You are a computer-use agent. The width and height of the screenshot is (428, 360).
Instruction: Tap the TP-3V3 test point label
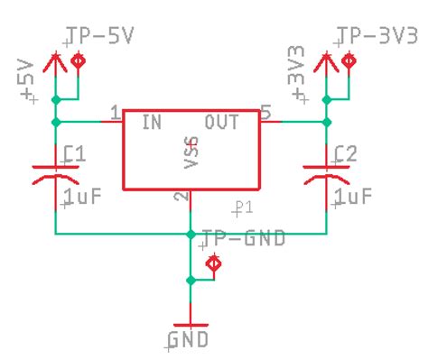[377, 37]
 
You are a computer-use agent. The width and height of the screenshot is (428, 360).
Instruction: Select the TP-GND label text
[244, 238]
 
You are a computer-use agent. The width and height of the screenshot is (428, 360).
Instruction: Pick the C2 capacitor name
[345, 154]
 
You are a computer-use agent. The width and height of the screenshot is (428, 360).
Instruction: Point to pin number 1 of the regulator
[115, 113]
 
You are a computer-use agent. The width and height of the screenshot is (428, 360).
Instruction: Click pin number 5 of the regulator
[265, 112]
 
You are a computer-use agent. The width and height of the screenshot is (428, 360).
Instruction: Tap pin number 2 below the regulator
[181, 197]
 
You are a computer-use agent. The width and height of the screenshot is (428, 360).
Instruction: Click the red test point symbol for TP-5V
[79, 61]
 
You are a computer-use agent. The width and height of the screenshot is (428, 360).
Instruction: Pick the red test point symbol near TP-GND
[214, 264]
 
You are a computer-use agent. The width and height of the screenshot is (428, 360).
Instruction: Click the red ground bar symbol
[191, 323]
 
